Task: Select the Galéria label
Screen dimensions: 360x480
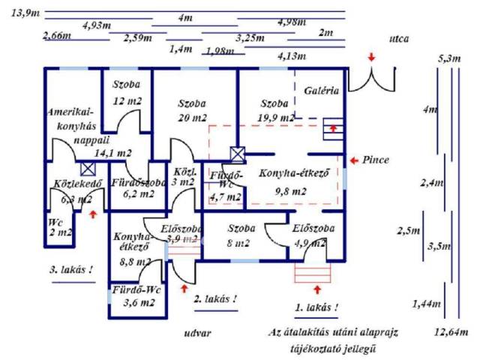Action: point(322,91)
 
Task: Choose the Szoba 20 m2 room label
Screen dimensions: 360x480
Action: point(192,110)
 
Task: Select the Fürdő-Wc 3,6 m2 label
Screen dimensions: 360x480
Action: point(134,295)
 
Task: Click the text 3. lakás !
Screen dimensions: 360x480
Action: point(72,269)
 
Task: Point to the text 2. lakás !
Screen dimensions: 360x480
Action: point(215,298)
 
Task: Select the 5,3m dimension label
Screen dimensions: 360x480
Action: point(449,58)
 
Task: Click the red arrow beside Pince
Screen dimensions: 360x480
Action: point(354,160)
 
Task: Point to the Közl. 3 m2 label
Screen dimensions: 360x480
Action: point(184,176)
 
